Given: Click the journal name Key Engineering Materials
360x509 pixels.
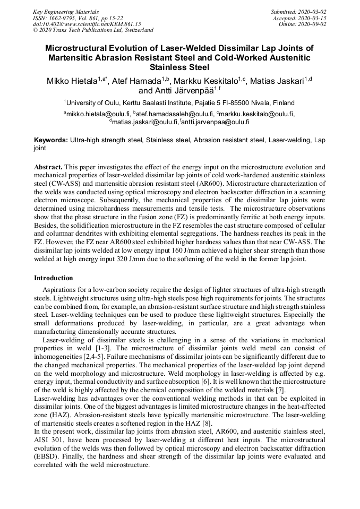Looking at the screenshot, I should click(x=66, y=11).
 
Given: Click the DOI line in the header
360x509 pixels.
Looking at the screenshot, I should click(x=87, y=24).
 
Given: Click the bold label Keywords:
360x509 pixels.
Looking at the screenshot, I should click(x=51, y=140).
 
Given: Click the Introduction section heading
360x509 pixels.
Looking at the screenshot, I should click(x=54, y=278).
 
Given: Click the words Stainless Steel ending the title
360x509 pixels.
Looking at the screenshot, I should click(x=179, y=67).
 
